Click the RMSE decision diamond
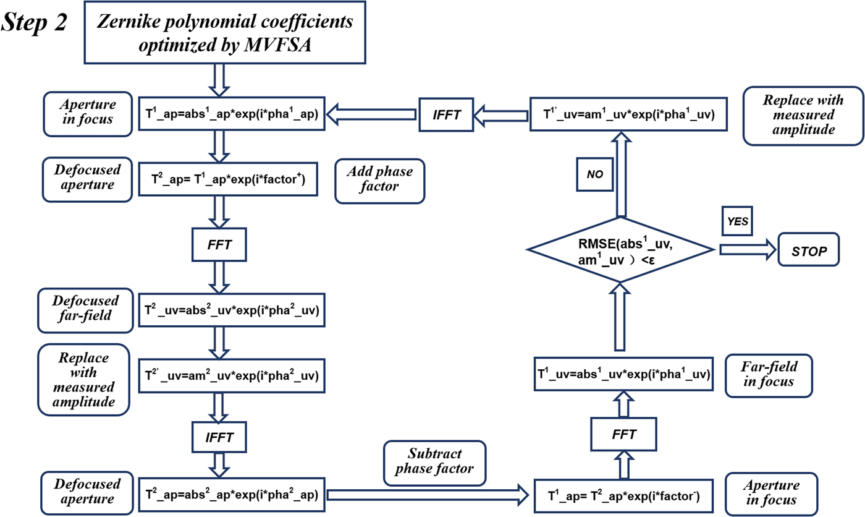(620, 250)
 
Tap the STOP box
(808, 250)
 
